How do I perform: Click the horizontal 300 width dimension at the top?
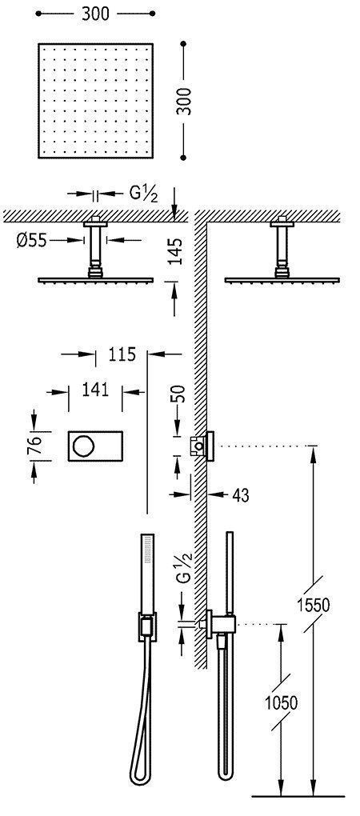coord(97,14)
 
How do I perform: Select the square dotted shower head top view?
coord(97,99)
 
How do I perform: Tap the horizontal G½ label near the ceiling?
coord(143,194)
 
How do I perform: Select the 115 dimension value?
coord(122,354)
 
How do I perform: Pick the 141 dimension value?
coord(95,390)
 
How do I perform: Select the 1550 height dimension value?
coord(317,604)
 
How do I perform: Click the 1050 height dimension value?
coord(282,702)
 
